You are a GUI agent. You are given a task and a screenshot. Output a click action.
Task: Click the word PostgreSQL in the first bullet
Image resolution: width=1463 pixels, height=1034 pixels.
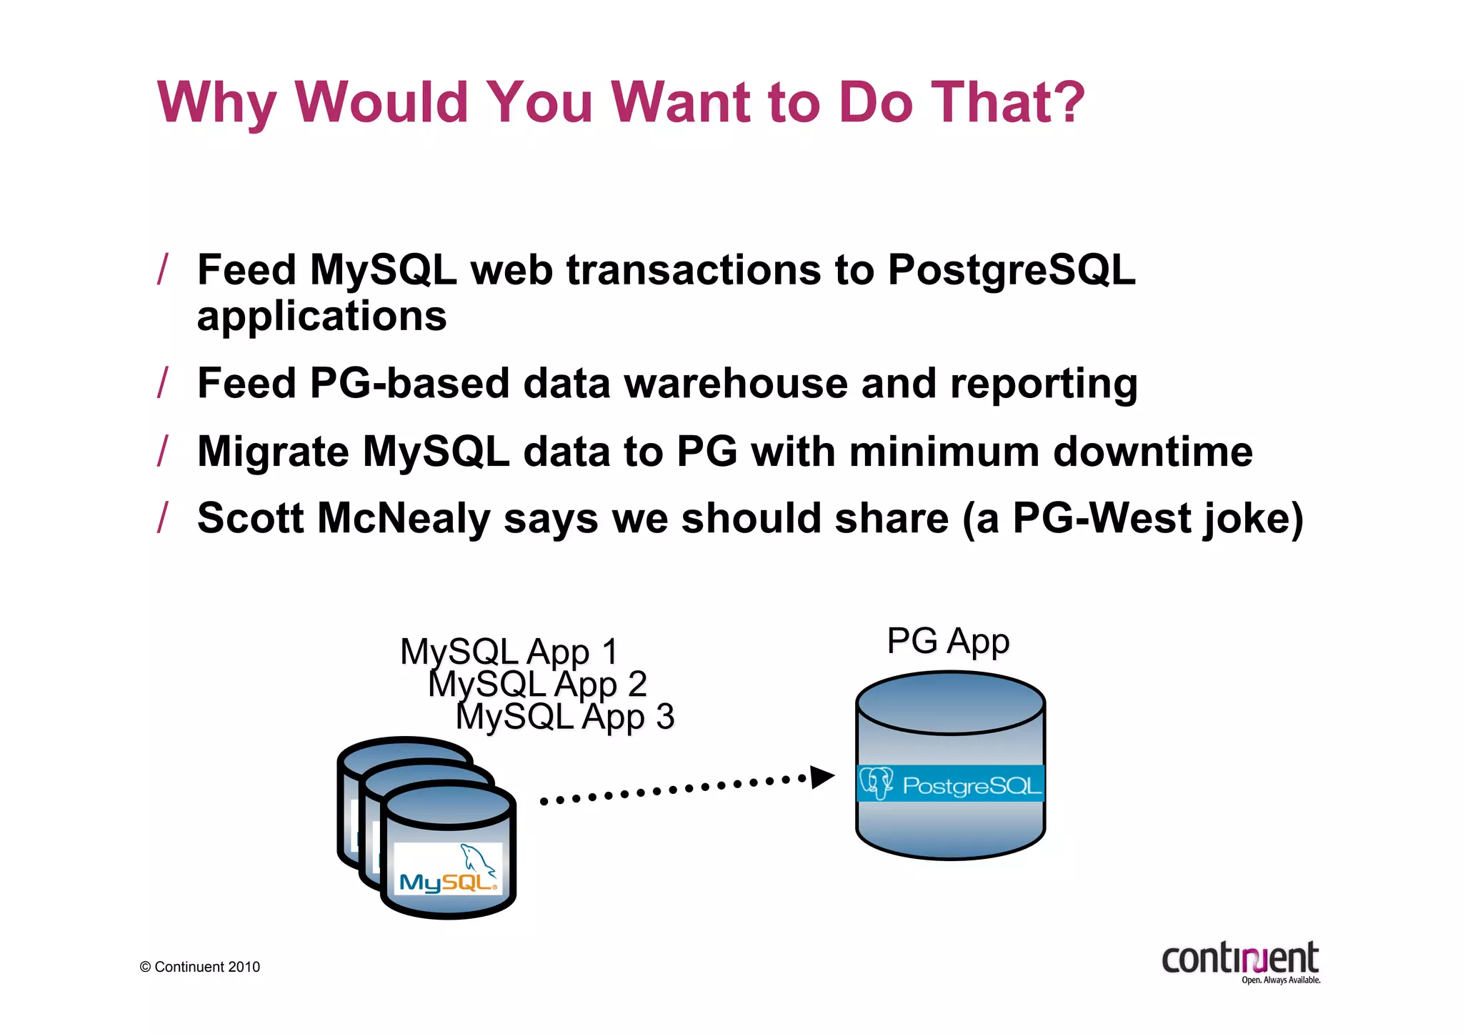point(1011,271)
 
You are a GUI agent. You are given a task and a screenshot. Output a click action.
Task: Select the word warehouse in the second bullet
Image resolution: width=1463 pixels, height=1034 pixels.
point(736,383)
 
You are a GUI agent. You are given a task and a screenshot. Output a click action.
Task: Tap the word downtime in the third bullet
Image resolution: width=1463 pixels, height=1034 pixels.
point(1152,452)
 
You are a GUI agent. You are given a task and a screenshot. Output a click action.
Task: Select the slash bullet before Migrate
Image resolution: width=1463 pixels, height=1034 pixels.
point(163,452)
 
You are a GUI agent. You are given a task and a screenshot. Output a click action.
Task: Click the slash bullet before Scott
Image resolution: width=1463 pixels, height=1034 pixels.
point(163,518)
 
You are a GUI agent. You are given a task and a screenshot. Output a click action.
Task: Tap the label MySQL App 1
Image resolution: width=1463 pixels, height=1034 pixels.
point(509,652)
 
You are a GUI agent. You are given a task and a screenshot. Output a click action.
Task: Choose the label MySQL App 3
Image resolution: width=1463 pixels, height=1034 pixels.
point(564,717)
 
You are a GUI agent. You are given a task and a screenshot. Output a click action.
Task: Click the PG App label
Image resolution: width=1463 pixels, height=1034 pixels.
point(948,641)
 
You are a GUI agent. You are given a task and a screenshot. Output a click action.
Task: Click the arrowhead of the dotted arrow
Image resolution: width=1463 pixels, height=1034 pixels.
point(822,777)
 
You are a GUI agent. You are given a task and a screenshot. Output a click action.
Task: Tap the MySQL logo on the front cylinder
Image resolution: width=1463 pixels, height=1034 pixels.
point(448,869)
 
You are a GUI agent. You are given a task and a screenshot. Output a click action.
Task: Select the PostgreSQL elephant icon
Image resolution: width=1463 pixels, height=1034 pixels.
point(876,783)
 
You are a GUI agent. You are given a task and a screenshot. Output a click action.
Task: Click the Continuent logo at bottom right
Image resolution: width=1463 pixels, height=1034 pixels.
point(1241,961)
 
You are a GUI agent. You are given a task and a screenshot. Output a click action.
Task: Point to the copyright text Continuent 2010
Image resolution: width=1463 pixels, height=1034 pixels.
point(201,967)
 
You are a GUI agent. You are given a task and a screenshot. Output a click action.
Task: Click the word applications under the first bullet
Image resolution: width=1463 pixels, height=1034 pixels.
point(321,317)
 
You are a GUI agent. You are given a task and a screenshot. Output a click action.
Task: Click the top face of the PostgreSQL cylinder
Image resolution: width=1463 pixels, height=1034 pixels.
point(950,703)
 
